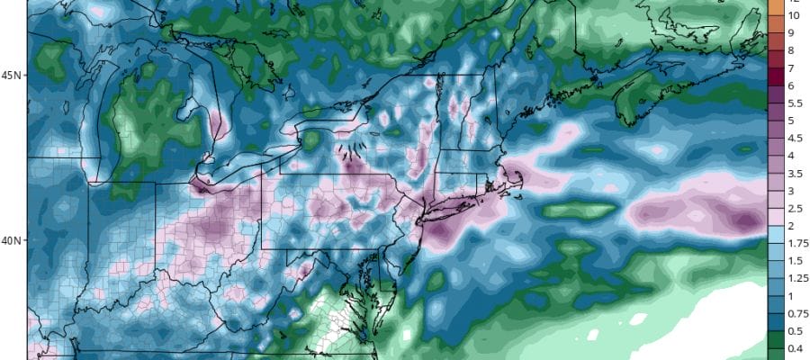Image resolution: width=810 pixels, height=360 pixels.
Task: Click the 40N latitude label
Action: (12, 240)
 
